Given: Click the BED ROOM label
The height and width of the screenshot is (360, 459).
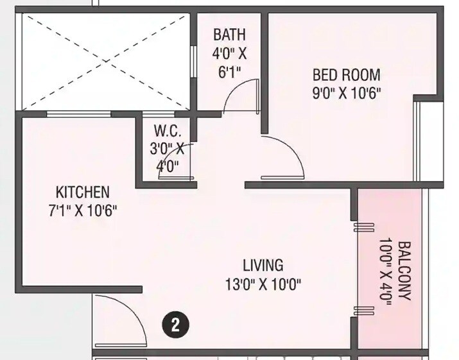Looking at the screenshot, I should (346, 74).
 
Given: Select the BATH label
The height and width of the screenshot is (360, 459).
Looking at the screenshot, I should (229, 33).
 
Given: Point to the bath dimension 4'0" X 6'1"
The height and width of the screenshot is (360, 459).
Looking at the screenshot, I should (229, 62).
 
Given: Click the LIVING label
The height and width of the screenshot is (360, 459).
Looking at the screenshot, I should (263, 264).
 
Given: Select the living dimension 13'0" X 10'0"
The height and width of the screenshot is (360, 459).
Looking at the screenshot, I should (263, 283).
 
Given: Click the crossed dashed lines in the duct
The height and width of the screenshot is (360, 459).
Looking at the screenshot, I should (106, 61).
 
